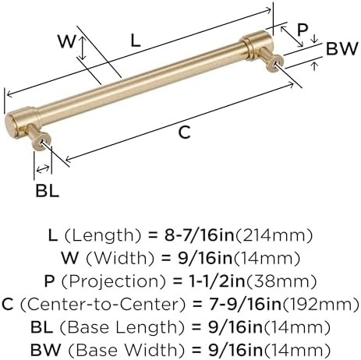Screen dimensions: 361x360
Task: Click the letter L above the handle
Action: click(x=136, y=41)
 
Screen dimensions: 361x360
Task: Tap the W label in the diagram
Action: click(x=67, y=41)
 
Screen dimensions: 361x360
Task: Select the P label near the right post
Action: click(x=303, y=30)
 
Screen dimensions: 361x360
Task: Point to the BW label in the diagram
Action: click(x=342, y=48)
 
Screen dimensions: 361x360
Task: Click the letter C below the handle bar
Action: click(x=185, y=132)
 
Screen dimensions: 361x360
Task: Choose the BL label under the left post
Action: click(x=48, y=191)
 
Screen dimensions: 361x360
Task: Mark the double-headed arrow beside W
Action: click(x=83, y=48)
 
